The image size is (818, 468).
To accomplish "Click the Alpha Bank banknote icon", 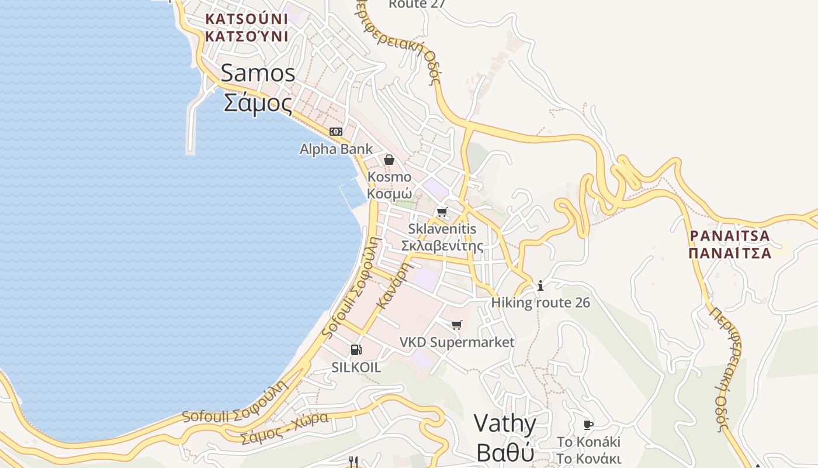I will pos(335,132).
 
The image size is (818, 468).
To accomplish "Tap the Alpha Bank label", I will pos(336,149).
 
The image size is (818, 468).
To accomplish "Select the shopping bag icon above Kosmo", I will pos(389,159).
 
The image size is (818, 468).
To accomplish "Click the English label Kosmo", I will pos(389,177).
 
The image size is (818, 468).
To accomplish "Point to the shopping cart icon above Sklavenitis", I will pos(442,212).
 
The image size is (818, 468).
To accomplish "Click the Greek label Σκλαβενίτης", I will pos(442,246).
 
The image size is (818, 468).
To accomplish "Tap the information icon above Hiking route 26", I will pos(540,285).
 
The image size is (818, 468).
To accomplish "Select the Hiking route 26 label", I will pos(540,302).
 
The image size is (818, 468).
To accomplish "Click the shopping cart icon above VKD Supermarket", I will pos(457,325).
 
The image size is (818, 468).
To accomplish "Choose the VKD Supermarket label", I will pos(457,342).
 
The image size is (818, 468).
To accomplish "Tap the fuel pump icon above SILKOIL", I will pos(356,350).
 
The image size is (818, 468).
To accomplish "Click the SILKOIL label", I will pos(356,367).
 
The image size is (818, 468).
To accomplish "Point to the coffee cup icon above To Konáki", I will pos(588,425).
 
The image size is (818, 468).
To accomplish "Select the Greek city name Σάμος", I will pos(258,103).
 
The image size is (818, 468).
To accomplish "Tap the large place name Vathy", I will pos(505,424).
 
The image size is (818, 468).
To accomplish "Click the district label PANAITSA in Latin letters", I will pos(730,236).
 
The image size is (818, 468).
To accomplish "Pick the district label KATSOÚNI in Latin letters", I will pos(247,19).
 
